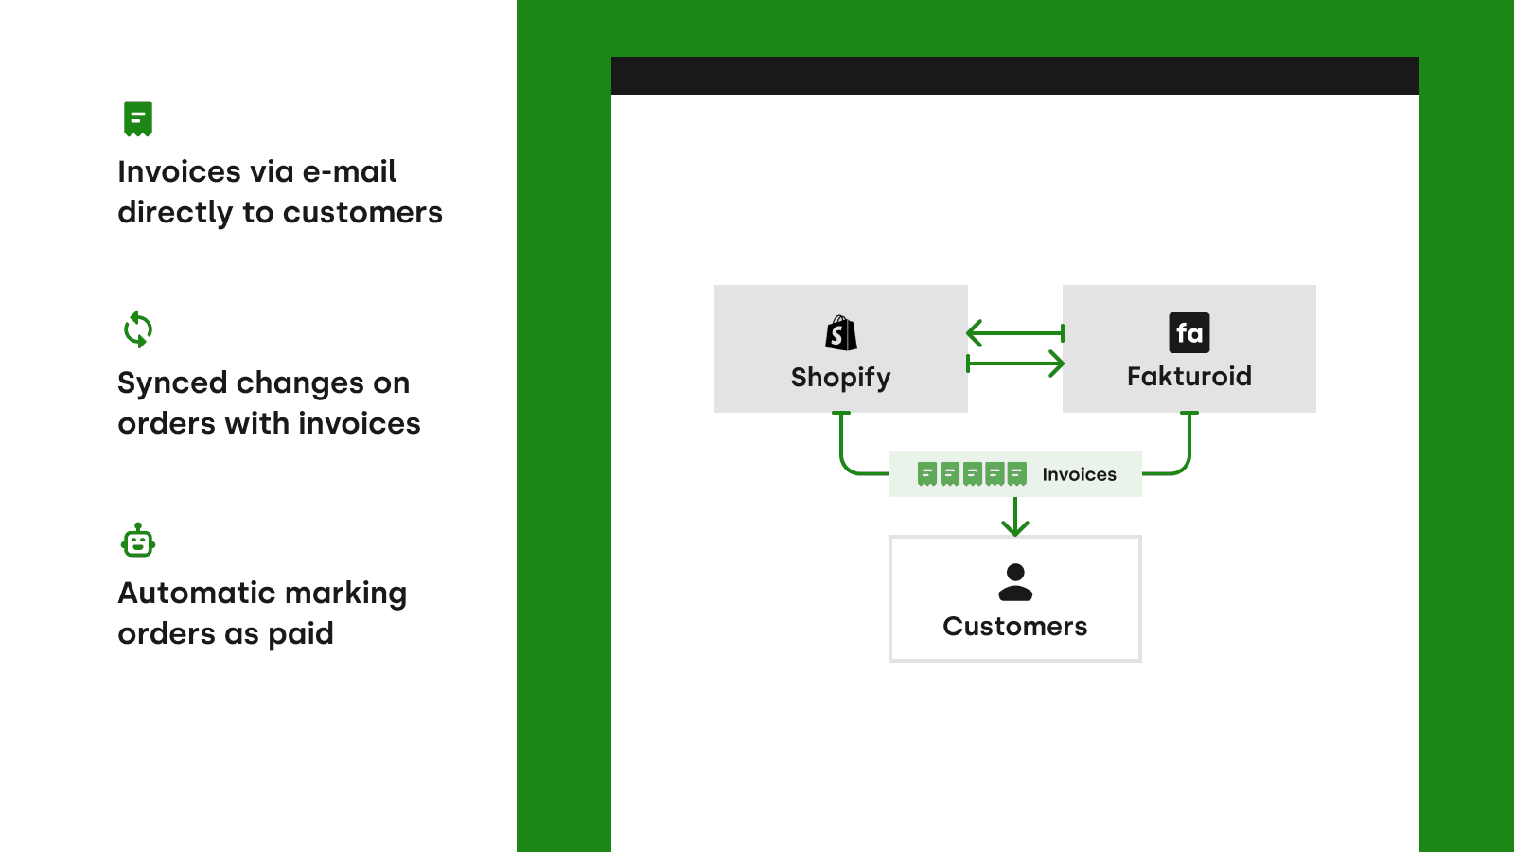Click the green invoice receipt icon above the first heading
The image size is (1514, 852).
(138, 119)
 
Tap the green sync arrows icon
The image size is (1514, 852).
(138, 329)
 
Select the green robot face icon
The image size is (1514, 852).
(138, 541)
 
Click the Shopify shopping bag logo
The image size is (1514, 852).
(840, 333)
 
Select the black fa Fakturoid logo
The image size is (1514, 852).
(1189, 332)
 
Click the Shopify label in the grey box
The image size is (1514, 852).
(840, 377)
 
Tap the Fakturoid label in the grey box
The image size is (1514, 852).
(1188, 376)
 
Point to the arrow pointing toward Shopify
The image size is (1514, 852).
(1013, 333)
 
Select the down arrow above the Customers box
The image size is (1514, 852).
(1015, 517)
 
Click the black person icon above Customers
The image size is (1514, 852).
(1015, 582)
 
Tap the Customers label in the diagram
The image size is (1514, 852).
(1014, 627)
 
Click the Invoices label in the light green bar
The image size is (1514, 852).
(1079, 474)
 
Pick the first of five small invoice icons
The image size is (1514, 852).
(927, 473)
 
